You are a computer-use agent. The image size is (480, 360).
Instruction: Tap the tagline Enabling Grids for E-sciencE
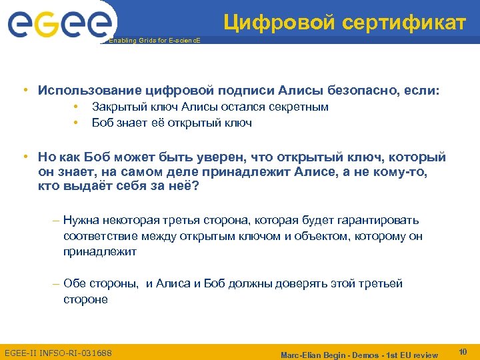(154, 41)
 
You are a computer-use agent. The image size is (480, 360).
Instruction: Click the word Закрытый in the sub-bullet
(115, 107)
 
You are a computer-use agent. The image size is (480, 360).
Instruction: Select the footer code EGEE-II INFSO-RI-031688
(58, 353)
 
